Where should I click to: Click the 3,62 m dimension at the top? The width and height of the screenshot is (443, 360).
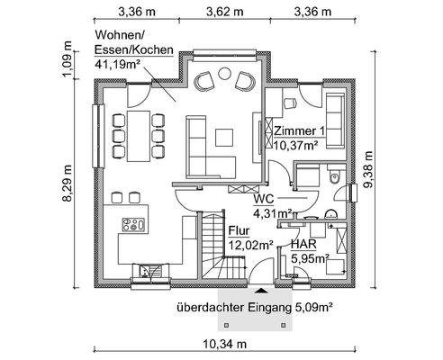[x=221, y=13]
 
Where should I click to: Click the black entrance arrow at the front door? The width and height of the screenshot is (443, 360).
[x=261, y=290]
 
